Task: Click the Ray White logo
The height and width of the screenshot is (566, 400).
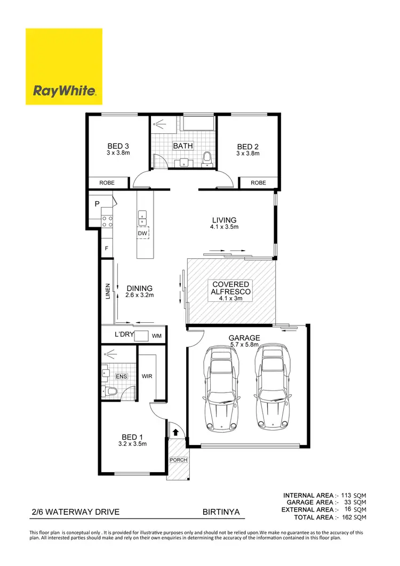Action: [x=64, y=67]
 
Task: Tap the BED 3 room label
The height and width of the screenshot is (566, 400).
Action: [x=118, y=147]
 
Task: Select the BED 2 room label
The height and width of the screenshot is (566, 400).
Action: [x=248, y=147]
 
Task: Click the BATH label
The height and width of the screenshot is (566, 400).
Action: [x=183, y=146]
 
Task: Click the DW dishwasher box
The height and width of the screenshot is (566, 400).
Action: [x=142, y=233]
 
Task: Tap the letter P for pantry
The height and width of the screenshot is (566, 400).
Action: [x=98, y=204]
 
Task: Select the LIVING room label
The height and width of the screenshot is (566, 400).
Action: [x=224, y=220]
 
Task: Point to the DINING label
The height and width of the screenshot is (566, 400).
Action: [x=140, y=288]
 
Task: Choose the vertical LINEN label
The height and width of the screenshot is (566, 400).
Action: [x=108, y=291]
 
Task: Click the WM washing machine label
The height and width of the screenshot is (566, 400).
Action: [x=157, y=336]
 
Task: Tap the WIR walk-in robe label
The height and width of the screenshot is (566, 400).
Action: [x=147, y=376]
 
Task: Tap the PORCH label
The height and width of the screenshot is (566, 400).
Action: [x=178, y=460]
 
